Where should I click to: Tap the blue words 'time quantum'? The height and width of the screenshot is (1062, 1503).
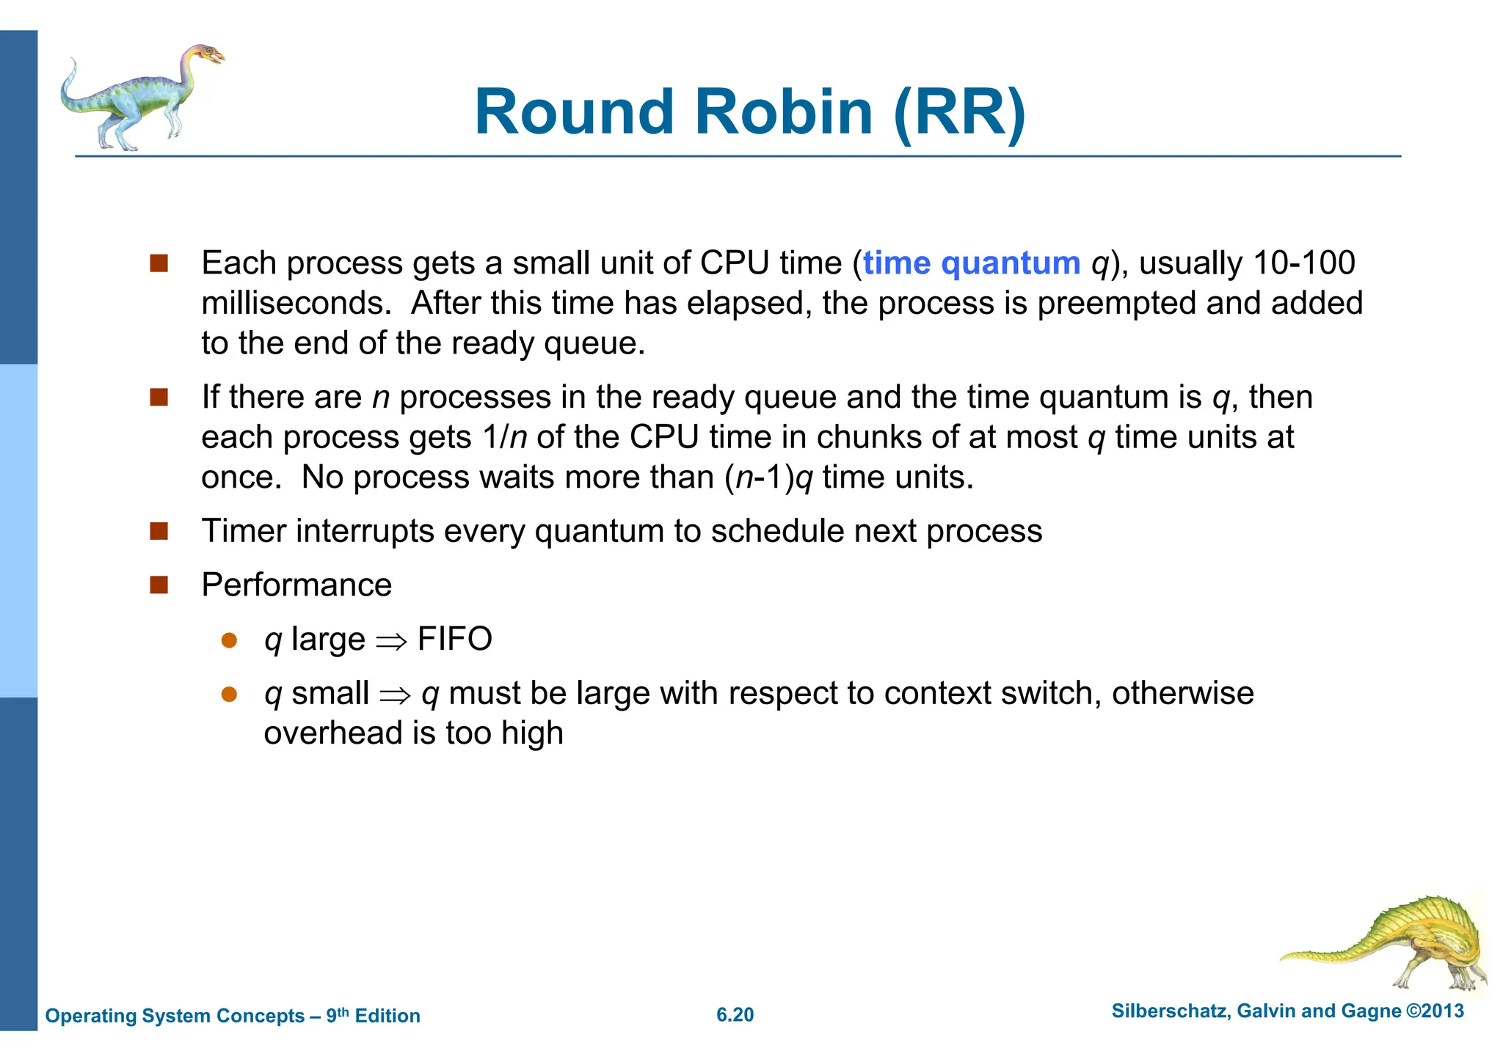pyautogui.click(x=971, y=263)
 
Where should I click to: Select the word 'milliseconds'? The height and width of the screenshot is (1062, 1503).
pyautogui.click(x=296, y=304)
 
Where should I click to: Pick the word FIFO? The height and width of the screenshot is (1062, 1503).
pyautogui.click(x=454, y=639)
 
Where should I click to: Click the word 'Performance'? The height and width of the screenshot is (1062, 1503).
pyautogui.click(x=296, y=585)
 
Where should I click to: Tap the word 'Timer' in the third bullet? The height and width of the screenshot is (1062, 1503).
pyautogui.click(x=244, y=531)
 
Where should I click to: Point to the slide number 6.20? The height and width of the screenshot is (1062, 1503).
pyautogui.click(x=735, y=1015)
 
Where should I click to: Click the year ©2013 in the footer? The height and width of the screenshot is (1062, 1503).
pyautogui.click(x=1435, y=1011)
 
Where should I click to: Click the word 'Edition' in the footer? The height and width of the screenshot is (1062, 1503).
pyautogui.click(x=387, y=1016)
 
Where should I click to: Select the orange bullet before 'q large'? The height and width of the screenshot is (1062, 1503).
pyautogui.click(x=229, y=640)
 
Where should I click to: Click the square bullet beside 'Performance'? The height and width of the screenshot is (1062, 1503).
pyautogui.click(x=159, y=585)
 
